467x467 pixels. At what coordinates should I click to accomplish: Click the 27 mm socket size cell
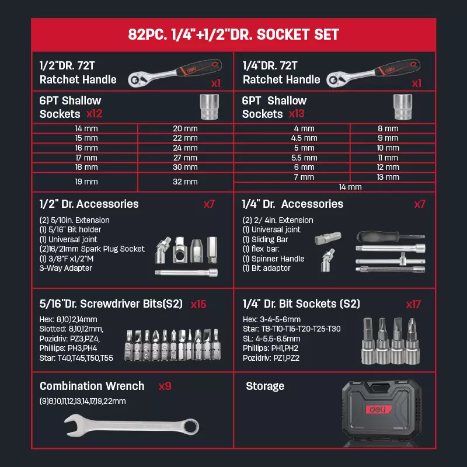185,158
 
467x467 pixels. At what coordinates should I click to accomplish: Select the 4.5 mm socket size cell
304,138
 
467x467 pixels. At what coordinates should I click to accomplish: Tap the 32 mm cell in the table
185,182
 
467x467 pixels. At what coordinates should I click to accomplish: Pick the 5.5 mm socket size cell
304,158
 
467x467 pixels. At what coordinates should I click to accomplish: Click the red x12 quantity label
95,114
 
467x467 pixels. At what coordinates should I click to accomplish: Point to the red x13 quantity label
297,114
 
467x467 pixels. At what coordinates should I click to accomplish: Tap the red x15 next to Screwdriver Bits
198,304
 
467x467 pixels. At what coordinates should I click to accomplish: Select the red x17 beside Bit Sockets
413,304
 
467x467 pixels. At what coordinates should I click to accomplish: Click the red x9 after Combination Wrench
165,386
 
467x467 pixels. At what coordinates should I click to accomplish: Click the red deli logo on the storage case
378,409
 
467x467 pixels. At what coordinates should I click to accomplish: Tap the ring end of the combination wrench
191,427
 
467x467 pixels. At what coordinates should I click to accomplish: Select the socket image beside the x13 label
403,107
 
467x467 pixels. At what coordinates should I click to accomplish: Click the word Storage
265,386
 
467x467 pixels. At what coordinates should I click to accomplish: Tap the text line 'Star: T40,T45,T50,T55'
76,358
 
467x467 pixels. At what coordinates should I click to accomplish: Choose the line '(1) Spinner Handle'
273,259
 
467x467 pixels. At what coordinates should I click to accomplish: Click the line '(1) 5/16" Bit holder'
70,229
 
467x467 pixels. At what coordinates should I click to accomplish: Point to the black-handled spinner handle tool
391,237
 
